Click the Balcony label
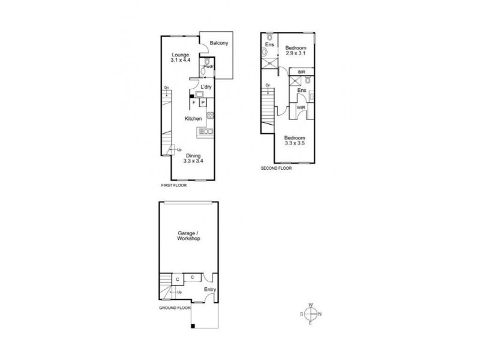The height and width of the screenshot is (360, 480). (x=217, y=43)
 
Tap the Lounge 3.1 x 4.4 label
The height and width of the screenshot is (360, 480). (x=181, y=58)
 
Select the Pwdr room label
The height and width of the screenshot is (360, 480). (x=208, y=66)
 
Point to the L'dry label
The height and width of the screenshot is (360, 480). (x=205, y=88)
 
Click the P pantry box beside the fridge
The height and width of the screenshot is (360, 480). (x=203, y=103)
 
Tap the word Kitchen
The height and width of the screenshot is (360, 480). (x=193, y=119)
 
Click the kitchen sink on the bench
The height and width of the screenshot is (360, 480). (x=206, y=131)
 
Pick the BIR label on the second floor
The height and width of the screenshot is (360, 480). (x=301, y=72)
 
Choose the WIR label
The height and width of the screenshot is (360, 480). (x=300, y=108)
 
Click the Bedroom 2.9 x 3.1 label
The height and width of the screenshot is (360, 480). (x=295, y=50)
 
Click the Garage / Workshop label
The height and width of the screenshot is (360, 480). (x=188, y=235)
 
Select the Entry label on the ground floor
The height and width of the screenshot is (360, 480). (x=209, y=290)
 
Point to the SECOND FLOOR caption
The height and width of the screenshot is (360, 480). (x=276, y=168)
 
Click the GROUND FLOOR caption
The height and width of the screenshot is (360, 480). (x=175, y=307)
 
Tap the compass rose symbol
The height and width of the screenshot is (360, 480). (x=311, y=314)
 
